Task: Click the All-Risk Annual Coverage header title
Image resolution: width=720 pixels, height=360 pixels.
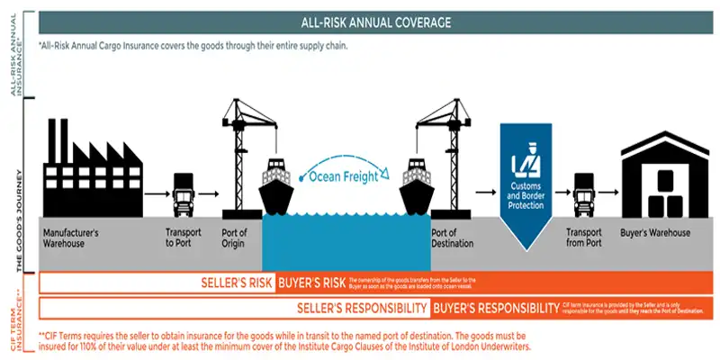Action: coord(375,22)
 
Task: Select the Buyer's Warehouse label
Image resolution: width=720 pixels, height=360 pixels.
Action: coord(655,233)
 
